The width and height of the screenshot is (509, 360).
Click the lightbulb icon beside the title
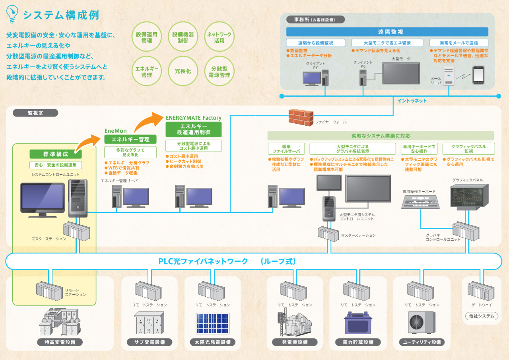click(x=12, y=14)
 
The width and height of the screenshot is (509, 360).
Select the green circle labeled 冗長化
click(x=183, y=71)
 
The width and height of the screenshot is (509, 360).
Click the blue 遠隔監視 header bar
click(x=387, y=32)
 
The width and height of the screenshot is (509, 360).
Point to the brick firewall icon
click(x=301, y=117)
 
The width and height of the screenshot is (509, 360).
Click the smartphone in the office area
click(x=478, y=75)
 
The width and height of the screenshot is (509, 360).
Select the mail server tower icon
click(x=449, y=76)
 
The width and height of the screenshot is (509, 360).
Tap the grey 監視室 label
click(x=35, y=113)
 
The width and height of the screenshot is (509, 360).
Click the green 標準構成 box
click(x=56, y=154)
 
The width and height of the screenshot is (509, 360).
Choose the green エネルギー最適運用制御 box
click(x=194, y=129)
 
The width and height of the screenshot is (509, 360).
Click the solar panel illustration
click(x=213, y=323)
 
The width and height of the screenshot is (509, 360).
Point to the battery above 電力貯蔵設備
click(x=357, y=323)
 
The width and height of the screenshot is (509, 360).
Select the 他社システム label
click(x=482, y=316)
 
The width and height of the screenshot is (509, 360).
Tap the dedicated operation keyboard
click(x=420, y=202)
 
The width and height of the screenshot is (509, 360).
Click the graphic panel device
click(x=469, y=197)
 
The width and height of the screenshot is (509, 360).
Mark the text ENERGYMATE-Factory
click(x=194, y=118)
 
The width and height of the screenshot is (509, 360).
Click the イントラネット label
click(x=412, y=101)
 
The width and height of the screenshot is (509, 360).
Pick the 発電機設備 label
click(x=295, y=342)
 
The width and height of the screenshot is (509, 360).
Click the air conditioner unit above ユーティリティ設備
click(x=422, y=323)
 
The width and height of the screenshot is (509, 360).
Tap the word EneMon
click(x=115, y=131)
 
